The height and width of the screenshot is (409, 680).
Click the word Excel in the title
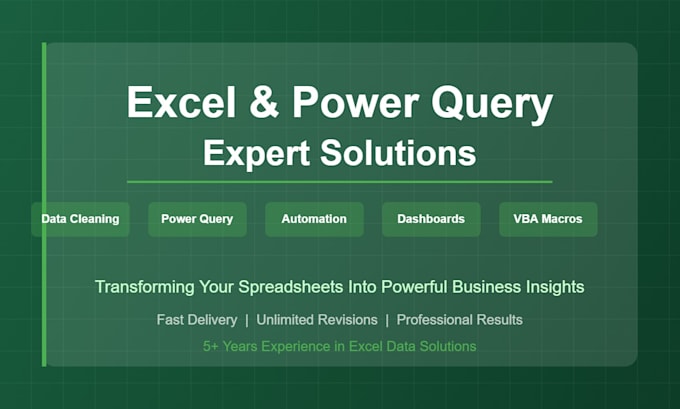(181, 101)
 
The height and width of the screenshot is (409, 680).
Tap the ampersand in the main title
(264, 101)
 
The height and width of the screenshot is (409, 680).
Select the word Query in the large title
(492, 105)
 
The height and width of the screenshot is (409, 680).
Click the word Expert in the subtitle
(256, 154)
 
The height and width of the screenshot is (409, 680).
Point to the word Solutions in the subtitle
(398, 153)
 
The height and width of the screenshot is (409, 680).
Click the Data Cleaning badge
(80, 219)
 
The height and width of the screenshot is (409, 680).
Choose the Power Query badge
(197, 219)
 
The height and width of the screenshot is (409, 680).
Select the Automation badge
(314, 219)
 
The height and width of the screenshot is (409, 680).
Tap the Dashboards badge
(431, 219)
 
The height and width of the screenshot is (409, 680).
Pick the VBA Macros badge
(548, 219)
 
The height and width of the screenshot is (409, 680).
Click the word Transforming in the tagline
(145, 288)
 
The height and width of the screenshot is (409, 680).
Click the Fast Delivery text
(197, 320)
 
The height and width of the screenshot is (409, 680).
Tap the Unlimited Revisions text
(317, 320)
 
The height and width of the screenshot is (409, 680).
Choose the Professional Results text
(460, 320)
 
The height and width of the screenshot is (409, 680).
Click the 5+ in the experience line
(210, 347)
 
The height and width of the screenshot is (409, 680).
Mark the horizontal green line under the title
(340, 182)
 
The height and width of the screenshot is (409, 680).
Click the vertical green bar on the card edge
(44, 204)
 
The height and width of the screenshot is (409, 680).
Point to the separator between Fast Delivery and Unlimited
(247, 321)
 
